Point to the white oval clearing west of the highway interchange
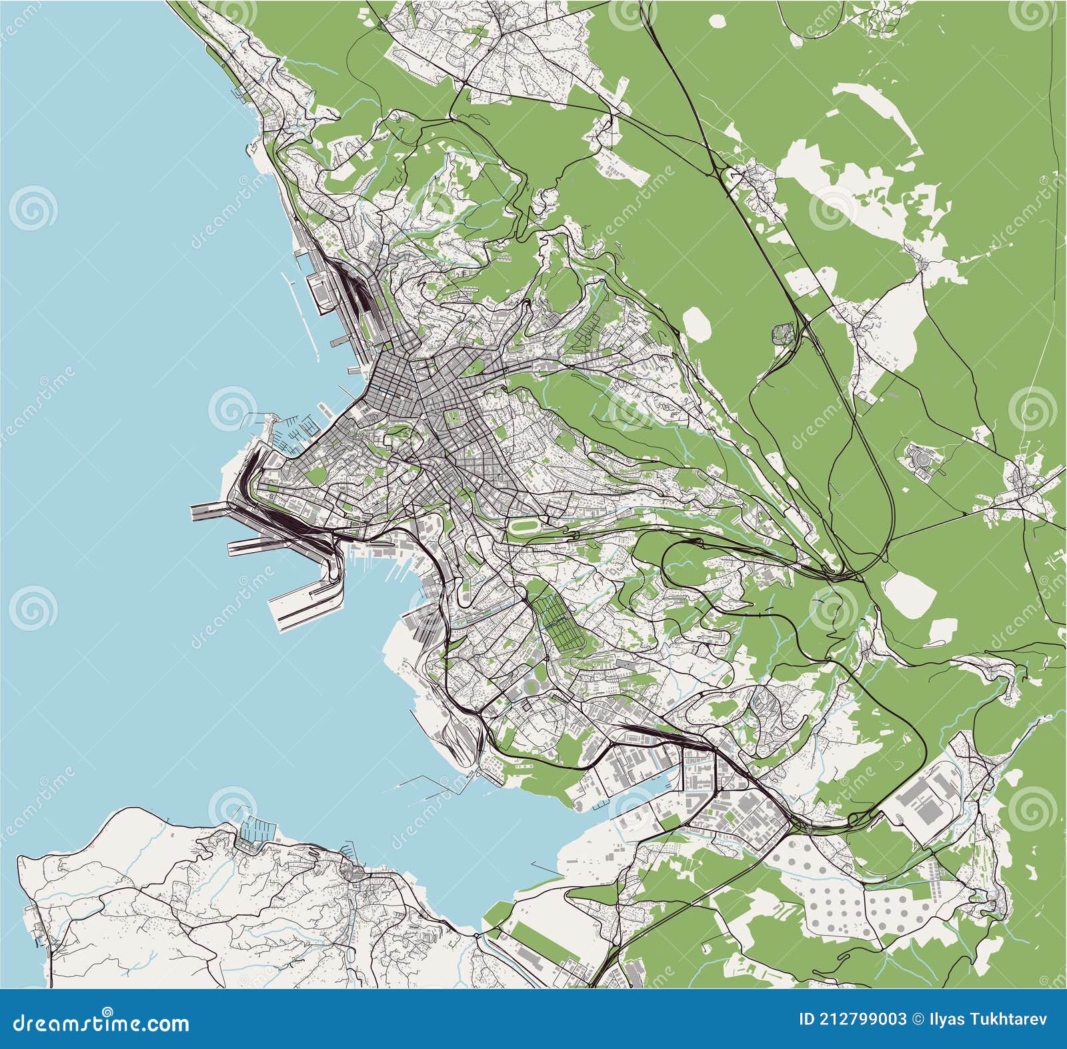tap(698, 323)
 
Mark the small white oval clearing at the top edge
tap(717, 21)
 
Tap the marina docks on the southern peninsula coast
tap(257, 830)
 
